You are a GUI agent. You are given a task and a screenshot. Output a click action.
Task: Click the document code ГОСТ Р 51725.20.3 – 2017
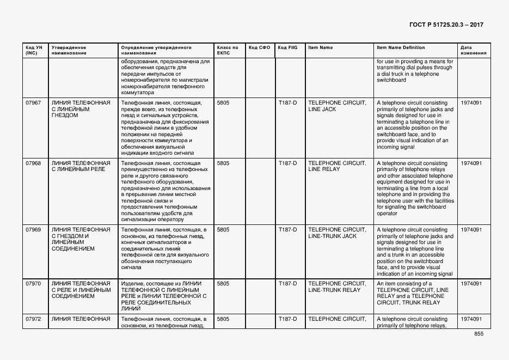(x=446, y=25)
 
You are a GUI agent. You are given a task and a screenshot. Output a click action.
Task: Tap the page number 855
(x=479, y=334)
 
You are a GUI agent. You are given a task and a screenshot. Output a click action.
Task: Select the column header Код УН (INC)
(x=31, y=50)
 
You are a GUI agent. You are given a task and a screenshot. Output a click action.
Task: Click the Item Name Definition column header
(x=401, y=47)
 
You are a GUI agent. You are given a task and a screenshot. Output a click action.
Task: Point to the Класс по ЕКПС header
(x=227, y=50)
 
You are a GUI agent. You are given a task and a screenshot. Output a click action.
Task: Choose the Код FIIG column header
(x=287, y=47)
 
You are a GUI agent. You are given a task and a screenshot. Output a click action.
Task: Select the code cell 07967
(x=33, y=102)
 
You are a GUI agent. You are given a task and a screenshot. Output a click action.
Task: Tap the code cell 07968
(x=33, y=163)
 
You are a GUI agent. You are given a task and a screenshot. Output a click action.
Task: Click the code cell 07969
(x=33, y=230)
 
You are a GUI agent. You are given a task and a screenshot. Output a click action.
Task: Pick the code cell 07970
(x=33, y=284)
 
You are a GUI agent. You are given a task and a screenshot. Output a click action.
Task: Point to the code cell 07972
(x=33, y=319)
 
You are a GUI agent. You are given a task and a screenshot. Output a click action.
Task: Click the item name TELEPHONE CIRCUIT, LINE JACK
(x=336, y=106)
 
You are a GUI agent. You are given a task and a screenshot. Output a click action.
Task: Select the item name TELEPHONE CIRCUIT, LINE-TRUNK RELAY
(x=336, y=287)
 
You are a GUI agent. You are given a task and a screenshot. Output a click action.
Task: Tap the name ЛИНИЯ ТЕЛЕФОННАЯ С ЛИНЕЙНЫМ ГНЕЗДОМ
(x=81, y=109)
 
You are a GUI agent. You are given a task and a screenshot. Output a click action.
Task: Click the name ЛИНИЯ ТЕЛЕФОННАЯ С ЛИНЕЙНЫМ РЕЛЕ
(x=81, y=166)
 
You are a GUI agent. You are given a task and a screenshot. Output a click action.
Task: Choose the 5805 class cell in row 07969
(x=223, y=230)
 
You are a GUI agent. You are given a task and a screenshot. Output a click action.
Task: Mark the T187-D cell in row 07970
(x=287, y=284)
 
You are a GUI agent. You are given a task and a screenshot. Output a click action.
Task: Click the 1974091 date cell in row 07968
(x=471, y=163)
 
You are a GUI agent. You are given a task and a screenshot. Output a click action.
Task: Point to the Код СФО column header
(x=259, y=47)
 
